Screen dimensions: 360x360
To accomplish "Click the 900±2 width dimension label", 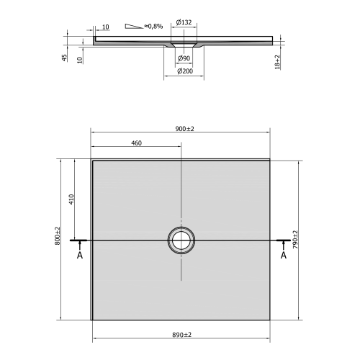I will [186, 128].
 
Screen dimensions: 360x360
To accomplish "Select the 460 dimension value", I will [136, 143].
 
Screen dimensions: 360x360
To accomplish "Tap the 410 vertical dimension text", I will [72, 199].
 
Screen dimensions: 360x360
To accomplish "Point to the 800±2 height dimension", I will [57, 237].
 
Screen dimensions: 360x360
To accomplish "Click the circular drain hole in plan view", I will [180, 239].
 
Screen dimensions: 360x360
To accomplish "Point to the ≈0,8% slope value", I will [153, 26].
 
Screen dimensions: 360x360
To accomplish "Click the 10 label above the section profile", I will [104, 27].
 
